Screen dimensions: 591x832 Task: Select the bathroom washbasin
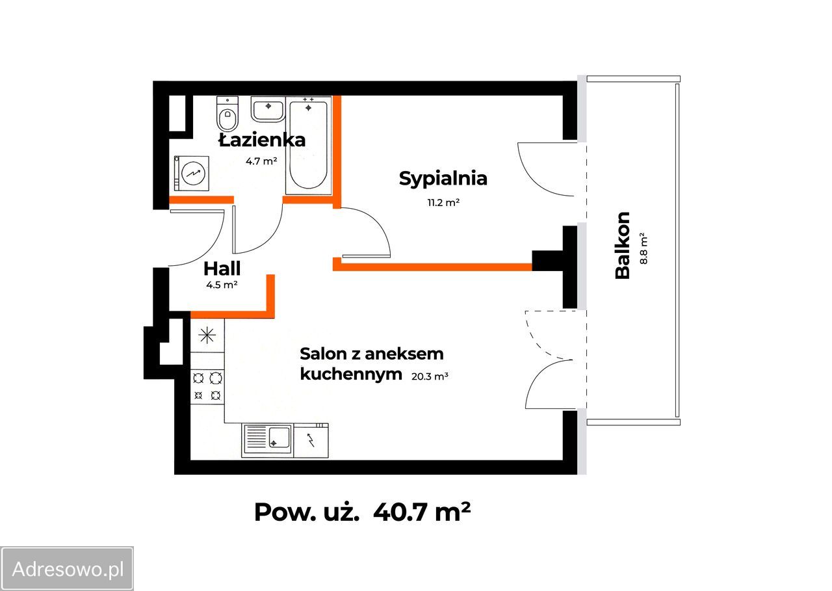[267, 109]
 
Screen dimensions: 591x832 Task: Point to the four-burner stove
[207, 386]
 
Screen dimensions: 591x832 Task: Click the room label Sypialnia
[443, 178]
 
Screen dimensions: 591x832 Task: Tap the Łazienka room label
[261, 140]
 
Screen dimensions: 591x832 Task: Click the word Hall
[222, 268]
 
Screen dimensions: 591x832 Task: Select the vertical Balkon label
[623, 245]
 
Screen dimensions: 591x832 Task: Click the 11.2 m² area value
[443, 202]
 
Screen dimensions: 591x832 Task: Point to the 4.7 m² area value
[261, 161]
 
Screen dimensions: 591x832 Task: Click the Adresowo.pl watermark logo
[68, 570]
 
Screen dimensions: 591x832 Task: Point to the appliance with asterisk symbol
[207, 335]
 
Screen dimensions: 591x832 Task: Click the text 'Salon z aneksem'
[371, 354]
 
